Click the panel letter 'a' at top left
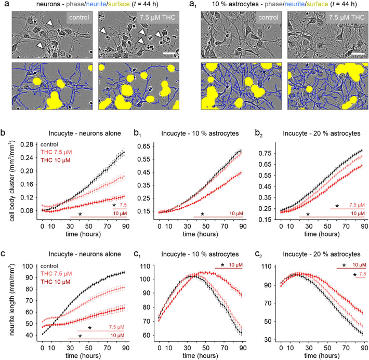coord(4,6)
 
